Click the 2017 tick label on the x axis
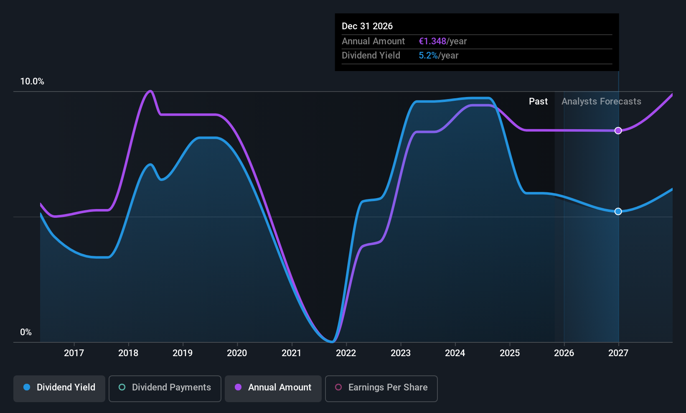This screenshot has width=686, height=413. pos(74,353)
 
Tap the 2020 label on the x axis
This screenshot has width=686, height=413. pos(237,353)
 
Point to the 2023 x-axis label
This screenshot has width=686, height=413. pos(400,353)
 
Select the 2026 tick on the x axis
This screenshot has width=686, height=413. pos(564,353)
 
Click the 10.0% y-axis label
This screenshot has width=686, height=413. pos(32,82)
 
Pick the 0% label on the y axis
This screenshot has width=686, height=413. pos(26,332)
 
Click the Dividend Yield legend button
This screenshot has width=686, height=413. pos(59,388)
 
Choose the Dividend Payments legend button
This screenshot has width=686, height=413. pos(165,388)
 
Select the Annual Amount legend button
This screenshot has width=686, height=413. pos(273,388)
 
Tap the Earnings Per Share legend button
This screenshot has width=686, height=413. pos(381,388)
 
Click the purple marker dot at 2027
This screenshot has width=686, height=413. pos(618,131)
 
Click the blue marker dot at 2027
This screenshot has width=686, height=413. pos(618,212)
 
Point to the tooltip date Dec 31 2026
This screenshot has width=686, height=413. pos(367,26)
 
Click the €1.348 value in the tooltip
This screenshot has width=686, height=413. pos(432,41)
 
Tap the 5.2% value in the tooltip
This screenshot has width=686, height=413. pos(428,56)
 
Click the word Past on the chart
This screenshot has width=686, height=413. pos(538,102)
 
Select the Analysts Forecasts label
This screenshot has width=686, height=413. pos(601,102)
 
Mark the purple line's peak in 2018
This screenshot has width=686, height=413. pos(150,91)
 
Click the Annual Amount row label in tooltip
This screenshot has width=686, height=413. pos(373,41)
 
